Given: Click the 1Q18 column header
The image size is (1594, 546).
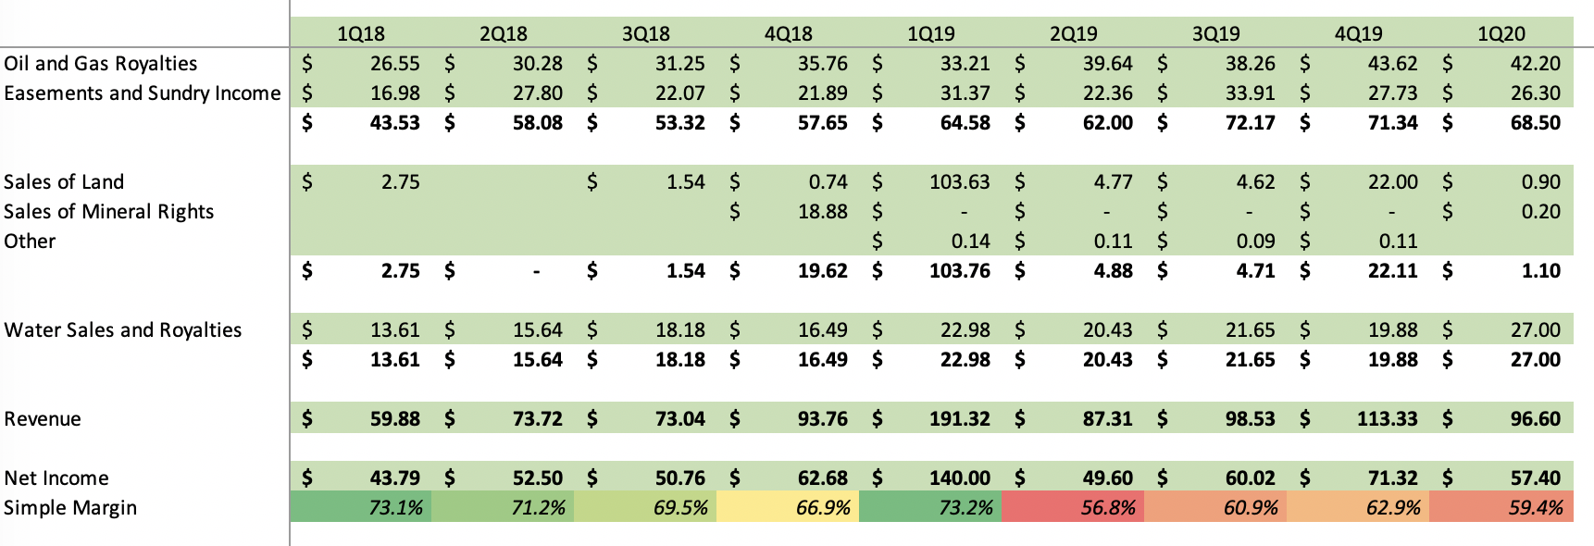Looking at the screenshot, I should (x=360, y=34).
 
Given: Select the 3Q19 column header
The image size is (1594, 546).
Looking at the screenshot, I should (x=1215, y=34).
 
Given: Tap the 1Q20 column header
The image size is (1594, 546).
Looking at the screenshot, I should (x=1501, y=34).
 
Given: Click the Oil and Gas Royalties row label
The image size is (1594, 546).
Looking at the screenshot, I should (x=101, y=64).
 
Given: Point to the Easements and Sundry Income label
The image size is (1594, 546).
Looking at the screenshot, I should (x=142, y=93).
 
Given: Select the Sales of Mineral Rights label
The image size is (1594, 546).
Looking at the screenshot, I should (x=108, y=212).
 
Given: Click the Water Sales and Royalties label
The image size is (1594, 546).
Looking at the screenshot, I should (x=122, y=330).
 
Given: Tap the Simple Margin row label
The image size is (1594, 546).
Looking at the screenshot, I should (x=70, y=508).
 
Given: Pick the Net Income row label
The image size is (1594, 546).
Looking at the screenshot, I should (x=56, y=478).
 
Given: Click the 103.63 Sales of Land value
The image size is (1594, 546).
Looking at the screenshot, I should (x=959, y=182).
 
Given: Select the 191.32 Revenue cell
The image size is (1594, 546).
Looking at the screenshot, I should (x=959, y=419).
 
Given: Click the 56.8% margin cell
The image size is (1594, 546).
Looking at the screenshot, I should (x=1108, y=508).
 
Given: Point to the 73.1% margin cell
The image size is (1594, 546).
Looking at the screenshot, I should (x=395, y=508).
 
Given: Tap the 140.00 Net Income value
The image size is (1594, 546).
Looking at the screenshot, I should (x=959, y=478).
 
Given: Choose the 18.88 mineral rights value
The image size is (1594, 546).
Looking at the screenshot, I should (x=822, y=212).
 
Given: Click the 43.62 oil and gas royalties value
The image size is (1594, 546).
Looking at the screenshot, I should (x=1392, y=64).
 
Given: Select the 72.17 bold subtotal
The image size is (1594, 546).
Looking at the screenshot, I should (x=1250, y=123).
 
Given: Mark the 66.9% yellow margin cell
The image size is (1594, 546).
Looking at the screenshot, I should (x=823, y=508).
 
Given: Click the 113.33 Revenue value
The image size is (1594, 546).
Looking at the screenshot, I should (x=1387, y=419).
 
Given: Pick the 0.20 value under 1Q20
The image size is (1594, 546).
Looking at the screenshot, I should (x=1540, y=212).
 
